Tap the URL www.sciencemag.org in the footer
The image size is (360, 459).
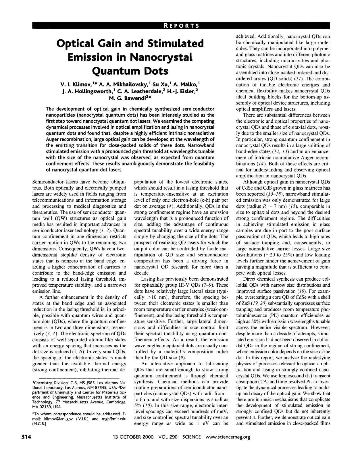point(228,445)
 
